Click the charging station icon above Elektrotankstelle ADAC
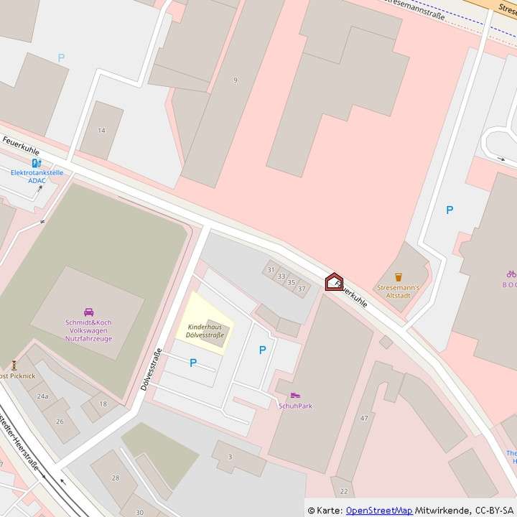click(36, 163)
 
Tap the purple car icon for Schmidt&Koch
click(88, 312)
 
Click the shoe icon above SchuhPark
click(295, 396)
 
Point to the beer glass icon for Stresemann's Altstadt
click(399, 276)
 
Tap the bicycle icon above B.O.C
click(511, 274)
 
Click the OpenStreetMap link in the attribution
click(378, 511)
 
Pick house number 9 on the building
click(235, 80)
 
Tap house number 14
click(101, 130)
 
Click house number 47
click(364, 418)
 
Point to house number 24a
click(42, 396)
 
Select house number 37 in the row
click(302, 289)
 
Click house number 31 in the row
click(271, 270)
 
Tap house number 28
click(115, 478)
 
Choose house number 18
click(103, 404)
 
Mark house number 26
click(60, 421)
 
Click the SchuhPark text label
click(295, 406)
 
